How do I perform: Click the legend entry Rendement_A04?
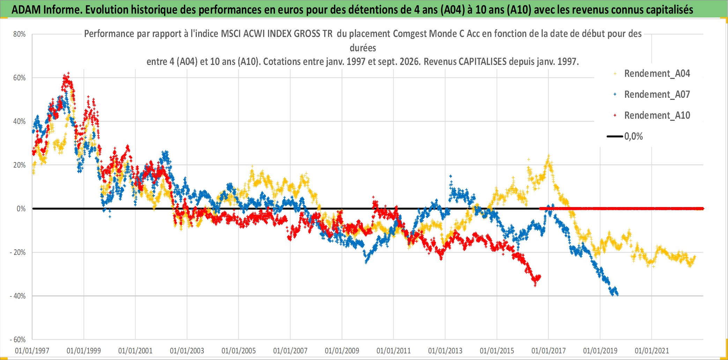coord(652,74)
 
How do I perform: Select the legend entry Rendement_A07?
coord(652,95)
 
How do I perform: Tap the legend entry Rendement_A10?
coord(652,116)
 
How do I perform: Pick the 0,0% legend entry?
coord(625,136)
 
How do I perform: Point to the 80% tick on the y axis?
coord(20,34)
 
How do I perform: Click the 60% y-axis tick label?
coord(20,78)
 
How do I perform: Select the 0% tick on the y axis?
coord(21,209)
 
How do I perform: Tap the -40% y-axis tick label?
coord(18,296)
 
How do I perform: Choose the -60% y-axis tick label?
coord(18,340)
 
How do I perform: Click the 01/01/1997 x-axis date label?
coord(32,351)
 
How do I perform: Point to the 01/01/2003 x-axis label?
coord(187,351)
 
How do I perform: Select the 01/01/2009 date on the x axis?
coord(342,351)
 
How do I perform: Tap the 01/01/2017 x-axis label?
coord(549,351)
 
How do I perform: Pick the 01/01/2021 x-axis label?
coord(652,351)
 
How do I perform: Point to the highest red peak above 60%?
coord(68,73)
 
